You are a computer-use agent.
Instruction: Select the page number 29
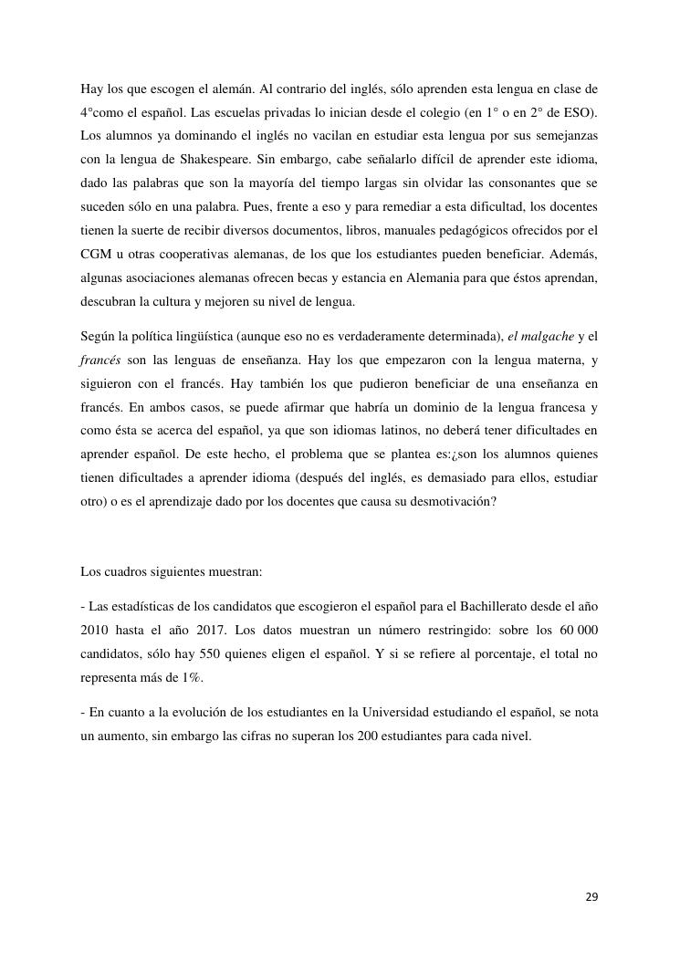click(591, 897)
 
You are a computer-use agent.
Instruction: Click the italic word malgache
click(543, 337)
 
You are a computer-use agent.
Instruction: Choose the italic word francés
click(100, 360)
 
